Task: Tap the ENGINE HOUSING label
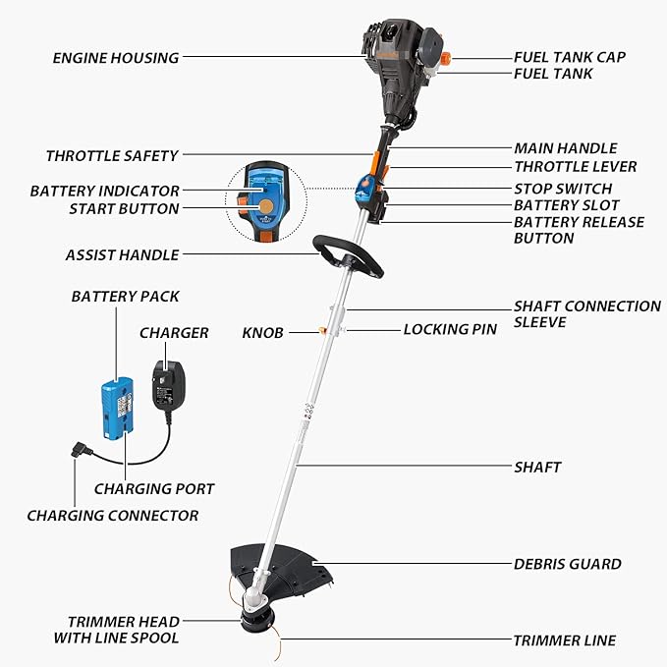point(116,58)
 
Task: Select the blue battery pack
point(118,408)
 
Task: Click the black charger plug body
point(168,385)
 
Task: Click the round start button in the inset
point(266,207)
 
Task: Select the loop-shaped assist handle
point(348,256)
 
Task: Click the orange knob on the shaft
point(322,330)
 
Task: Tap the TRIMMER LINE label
point(565,640)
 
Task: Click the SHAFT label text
point(537,467)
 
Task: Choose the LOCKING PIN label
point(450,329)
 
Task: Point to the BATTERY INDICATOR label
point(105,191)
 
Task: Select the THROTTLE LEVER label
point(575,167)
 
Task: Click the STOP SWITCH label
point(563,189)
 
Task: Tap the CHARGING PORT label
point(154,489)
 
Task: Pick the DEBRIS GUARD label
point(568,564)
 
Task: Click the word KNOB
point(262,333)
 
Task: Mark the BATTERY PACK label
point(125,297)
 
